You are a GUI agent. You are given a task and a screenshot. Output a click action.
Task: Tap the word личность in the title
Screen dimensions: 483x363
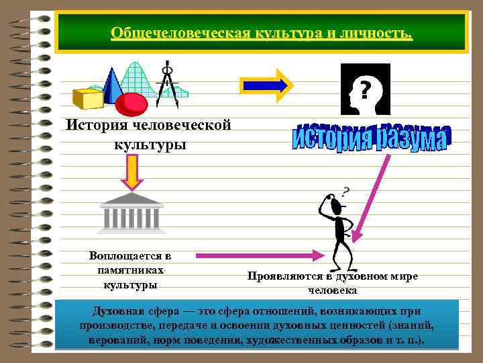pyautogui.click(x=376, y=33)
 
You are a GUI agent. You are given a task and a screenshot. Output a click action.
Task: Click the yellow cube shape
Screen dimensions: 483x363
pyautogui.click(x=88, y=97)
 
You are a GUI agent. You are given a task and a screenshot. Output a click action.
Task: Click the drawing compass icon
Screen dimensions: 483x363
pyautogui.click(x=166, y=84)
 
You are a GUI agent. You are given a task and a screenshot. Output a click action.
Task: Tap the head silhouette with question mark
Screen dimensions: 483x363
pyautogui.click(x=363, y=89)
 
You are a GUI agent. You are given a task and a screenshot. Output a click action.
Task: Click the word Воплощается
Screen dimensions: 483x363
pyautogui.click(x=129, y=255)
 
